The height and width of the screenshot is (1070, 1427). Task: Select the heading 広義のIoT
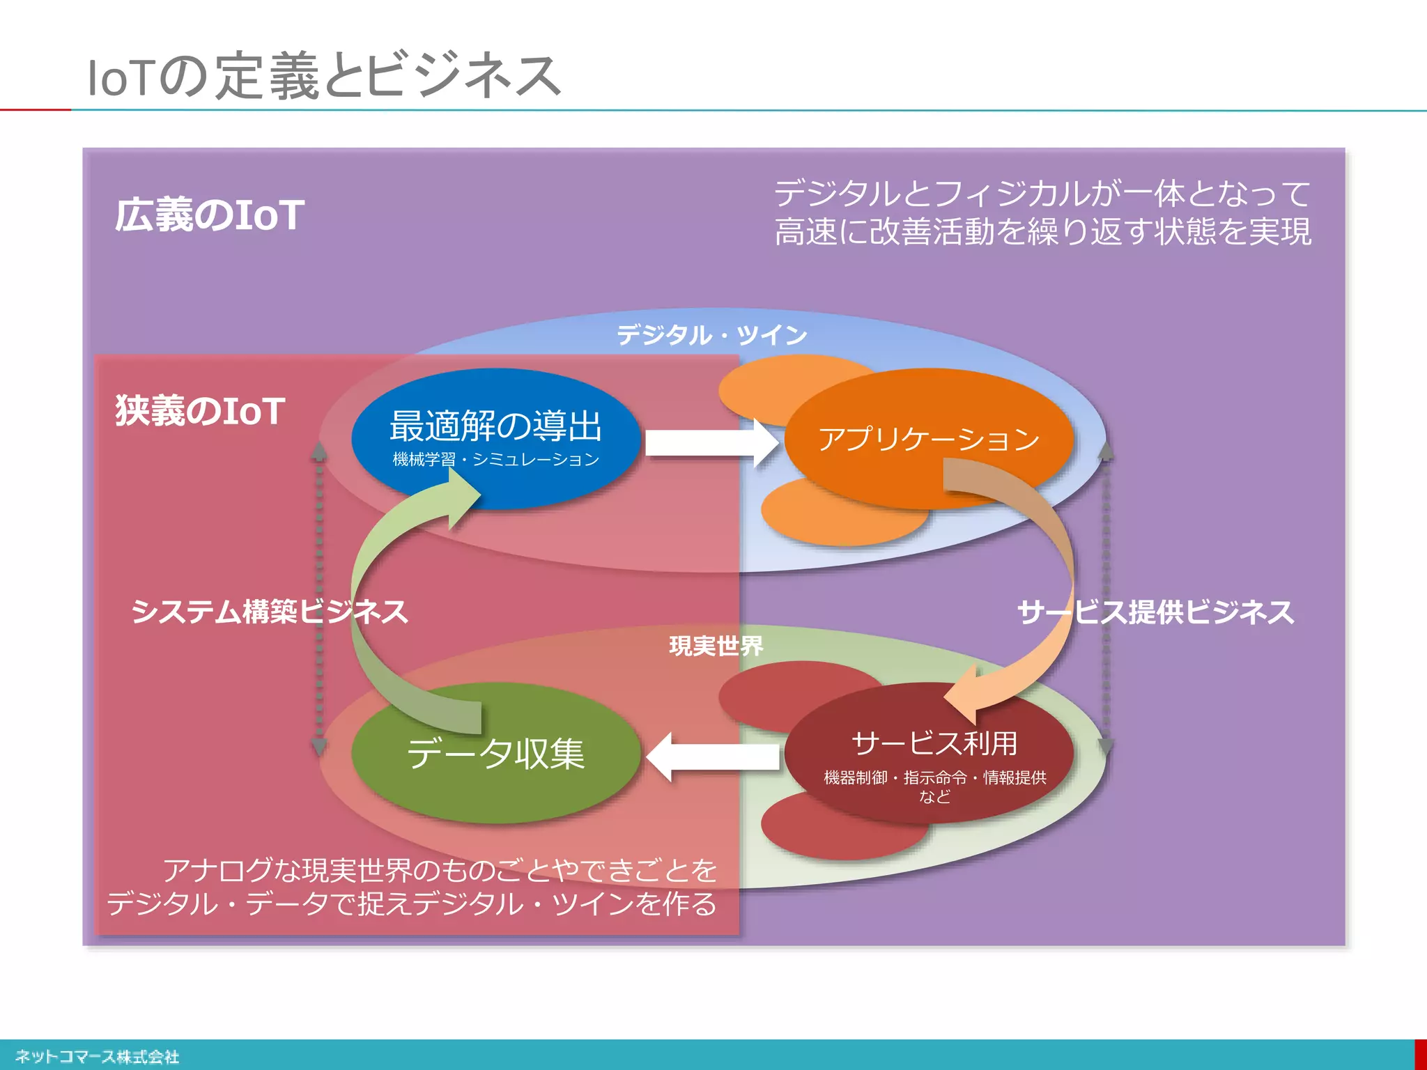point(209,215)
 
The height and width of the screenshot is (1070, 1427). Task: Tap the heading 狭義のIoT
point(200,410)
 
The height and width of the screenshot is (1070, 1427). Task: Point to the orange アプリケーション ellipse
point(928,438)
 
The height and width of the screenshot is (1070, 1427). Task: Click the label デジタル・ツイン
point(711,335)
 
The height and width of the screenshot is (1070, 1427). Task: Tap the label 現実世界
point(716,646)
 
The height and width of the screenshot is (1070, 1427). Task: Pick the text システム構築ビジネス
point(270,612)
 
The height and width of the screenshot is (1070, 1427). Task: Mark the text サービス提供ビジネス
point(1155,612)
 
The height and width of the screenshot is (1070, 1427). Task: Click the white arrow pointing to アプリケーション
point(711,443)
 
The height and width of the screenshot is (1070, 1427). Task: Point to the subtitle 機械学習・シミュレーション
point(495,460)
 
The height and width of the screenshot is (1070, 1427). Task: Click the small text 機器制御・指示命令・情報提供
point(934,777)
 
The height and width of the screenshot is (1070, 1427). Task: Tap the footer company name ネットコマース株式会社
point(97,1057)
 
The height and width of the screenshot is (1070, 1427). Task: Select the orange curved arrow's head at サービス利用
point(965,697)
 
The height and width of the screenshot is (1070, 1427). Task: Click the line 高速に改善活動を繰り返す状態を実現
point(1042,232)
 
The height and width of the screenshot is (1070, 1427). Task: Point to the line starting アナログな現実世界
point(440,871)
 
